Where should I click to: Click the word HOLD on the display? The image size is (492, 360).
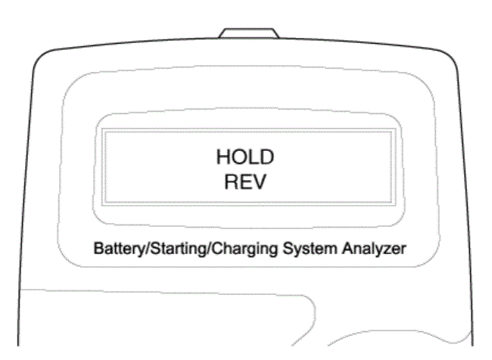pos(245,157)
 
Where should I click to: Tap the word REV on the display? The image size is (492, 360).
pos(245,182)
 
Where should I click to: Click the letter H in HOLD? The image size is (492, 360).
pos(223,157)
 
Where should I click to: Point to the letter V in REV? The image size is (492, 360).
pos(259,182)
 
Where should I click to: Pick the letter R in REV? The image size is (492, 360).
pos(231,182)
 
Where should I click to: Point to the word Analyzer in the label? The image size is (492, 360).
pos(374,249)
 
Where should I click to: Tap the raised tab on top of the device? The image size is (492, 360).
pos(249,33)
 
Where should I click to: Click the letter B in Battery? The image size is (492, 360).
pos(98,248)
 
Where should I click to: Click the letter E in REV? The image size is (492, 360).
pos(244,182)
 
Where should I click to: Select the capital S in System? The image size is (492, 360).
pos(288,248)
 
